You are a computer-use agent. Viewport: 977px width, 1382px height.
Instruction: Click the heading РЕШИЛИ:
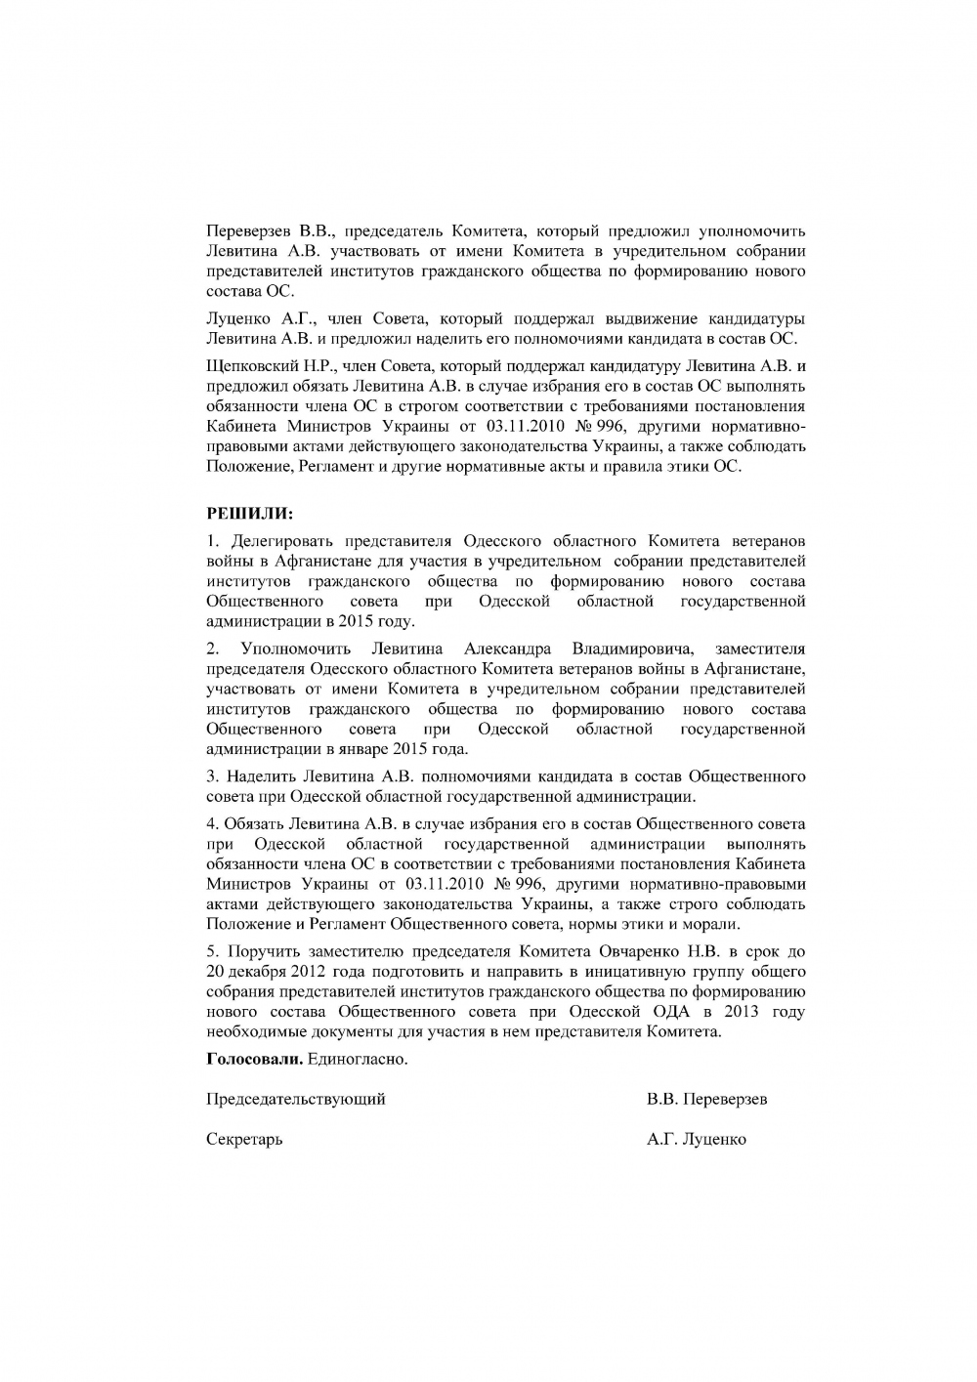249,513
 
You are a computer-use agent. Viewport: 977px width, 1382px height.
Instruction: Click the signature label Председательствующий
296,1099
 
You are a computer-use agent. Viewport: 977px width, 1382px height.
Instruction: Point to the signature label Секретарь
244,1139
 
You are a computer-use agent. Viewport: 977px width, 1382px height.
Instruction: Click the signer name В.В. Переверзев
706,1099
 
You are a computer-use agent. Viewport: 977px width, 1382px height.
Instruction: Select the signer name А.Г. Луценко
696,1139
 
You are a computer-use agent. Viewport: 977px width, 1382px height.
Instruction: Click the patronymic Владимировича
632,649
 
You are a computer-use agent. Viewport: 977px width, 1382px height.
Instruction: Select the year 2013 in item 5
743,1012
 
